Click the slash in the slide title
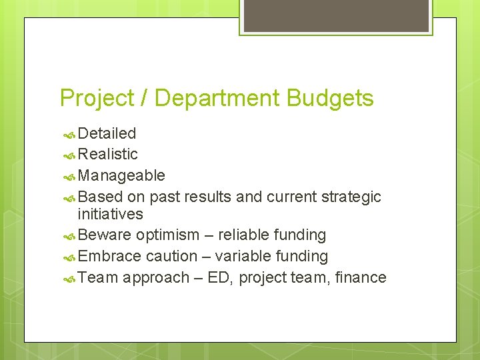point(144,99)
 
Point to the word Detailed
point(107,133)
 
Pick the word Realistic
point(108,154)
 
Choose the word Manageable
point(121,175)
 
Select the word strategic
point(351,197)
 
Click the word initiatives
point(110,214)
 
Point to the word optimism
point(167,235)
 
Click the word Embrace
point(109,256)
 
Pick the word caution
point(171,256)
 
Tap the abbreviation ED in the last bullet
point(218,277)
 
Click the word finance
point(361,277)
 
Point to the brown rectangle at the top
point(335,15)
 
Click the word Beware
point(105,235)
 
